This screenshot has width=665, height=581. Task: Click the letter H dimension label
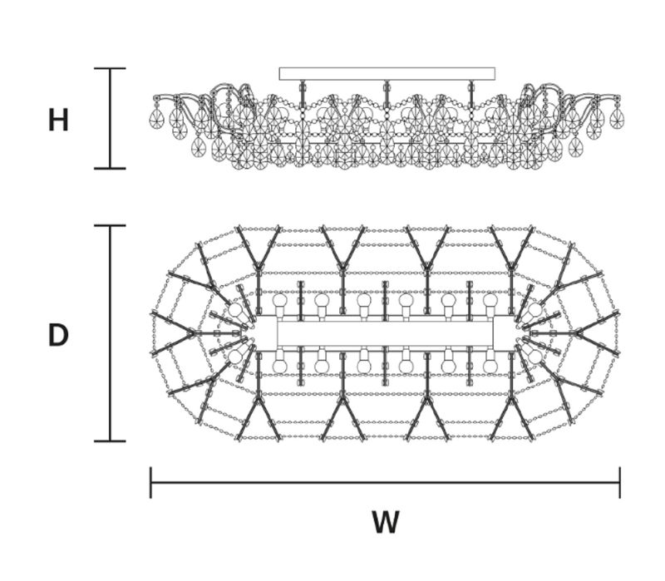pos(58,120)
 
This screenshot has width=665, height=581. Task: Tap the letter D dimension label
pos(58,335)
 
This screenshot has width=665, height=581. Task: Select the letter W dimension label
pos(386,522)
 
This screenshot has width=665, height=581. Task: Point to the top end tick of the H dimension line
pos(110,68)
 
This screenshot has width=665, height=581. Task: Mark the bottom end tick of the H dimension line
pos(110,169)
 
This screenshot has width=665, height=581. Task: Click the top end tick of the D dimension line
pos(110,225)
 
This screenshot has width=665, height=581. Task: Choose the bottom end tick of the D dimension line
pos(110,441)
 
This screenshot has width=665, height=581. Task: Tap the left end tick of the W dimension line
pos(150,483)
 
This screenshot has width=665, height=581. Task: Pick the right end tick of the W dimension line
pos(620,483)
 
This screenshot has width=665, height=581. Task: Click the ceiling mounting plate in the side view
pos(387,74)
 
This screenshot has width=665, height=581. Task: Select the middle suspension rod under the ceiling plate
pos(387,94)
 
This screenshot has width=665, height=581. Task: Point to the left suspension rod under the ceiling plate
pos(303,94)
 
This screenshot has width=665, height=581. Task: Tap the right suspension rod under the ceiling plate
pos(470,94)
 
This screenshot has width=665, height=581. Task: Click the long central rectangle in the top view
pos(385,334)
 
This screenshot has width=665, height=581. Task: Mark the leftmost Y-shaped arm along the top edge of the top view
pos(259,248)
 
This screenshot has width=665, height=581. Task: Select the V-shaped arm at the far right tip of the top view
pos(597,333)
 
